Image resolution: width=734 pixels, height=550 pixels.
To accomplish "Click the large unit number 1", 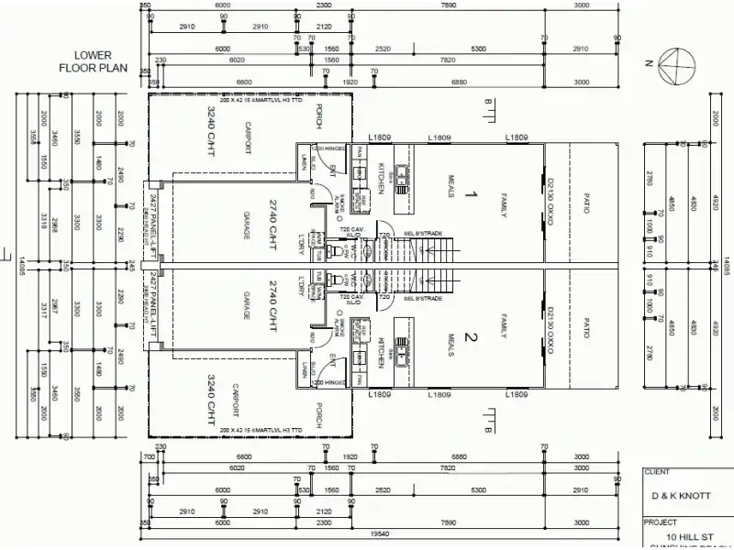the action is (471, 194).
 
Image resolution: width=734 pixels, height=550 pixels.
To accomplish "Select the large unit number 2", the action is (471, 338).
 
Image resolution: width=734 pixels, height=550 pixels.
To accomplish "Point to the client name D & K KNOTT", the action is (681, 495).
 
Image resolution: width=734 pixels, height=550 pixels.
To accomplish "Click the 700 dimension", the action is (148, 456).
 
